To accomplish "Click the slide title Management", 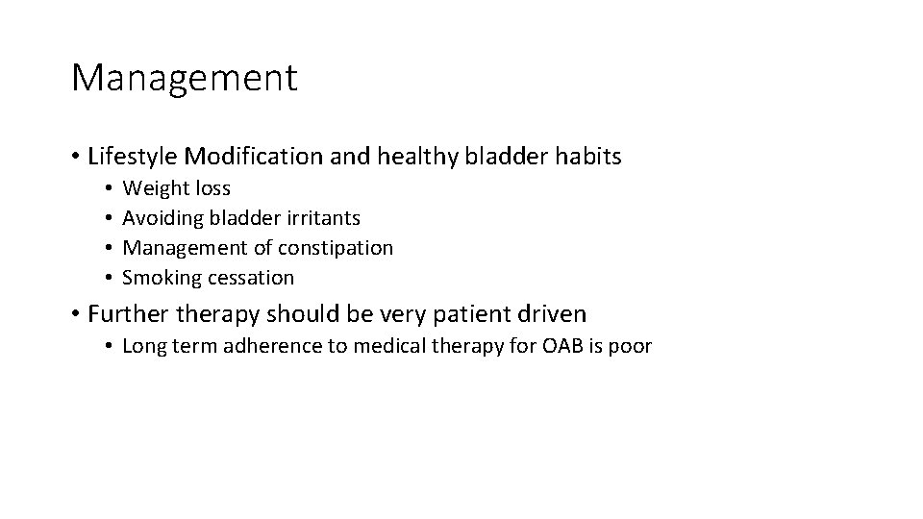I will [184, 78].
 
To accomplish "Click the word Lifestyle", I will [132, 156].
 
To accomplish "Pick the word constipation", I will [336, 248].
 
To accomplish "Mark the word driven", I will [552, 313].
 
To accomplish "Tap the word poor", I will [631, 346].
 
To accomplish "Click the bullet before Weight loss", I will [111, 189].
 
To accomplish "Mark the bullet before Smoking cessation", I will [111, 278].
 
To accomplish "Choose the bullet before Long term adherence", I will [111, 346].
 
